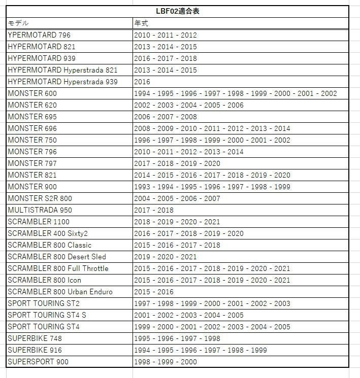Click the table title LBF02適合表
(x=177, y=11)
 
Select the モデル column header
(x=18, y=23)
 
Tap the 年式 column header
(x=141, y=23)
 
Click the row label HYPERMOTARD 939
(x=42, y=58)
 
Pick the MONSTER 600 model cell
(x=32, y=93)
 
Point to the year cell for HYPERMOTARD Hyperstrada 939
(x=142, y=82)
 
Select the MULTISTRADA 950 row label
(x=40, y=210)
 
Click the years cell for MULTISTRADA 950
(x=154, y=210)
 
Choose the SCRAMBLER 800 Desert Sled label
(x=57, y=257)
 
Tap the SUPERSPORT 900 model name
(x=38, y=362)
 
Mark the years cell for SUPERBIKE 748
(x=177, y=338)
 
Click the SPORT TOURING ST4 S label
(x=47, y=315)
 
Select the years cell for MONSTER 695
(x=166, y=117)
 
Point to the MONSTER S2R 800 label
(x=40, y=198)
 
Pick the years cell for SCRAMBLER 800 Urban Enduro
(x=154, y=292)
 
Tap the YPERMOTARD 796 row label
(x=39, y=35)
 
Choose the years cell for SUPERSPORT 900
(x=166, y=362)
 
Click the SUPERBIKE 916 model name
(x=35, y=350)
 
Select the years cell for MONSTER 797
(x=177, y=163)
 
